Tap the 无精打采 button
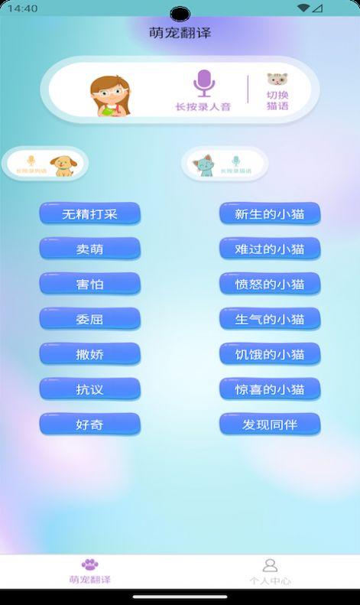tap(90, 213)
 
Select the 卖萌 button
tap(90, 249)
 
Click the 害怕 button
tap(90, 284)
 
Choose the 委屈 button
tap(90, 319)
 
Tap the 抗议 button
tap(90, 389)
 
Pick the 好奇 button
tap(90, 424)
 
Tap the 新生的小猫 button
tap(270, 213)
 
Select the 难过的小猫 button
tap(270, 249)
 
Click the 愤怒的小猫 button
tap(270, 284)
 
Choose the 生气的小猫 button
tap(270, 319)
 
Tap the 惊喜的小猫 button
tap(270, 389)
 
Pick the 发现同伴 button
tap(270, 424)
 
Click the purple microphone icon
tap(203, 83)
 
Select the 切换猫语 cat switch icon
tap(277, 80)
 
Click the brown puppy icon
tap(61, 165)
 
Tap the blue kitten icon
tap(204, 165)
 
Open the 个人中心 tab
tap(270, 571)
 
